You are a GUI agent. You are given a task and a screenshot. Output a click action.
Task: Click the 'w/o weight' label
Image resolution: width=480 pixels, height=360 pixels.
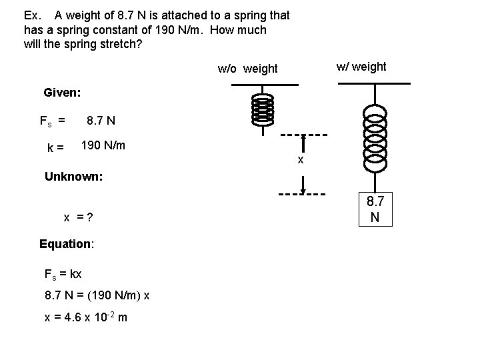(248, 69)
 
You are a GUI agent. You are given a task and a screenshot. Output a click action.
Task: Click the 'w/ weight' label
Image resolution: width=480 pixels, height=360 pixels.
(361, 67)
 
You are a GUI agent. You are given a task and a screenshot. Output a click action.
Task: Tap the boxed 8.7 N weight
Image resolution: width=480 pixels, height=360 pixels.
(375, 209)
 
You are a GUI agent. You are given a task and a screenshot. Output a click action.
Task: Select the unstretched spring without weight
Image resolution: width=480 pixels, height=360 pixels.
(263, 109)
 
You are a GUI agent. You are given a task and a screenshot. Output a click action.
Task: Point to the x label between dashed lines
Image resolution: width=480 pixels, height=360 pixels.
(301, 159)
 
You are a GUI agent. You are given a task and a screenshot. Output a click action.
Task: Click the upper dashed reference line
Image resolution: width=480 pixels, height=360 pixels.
(303, 134)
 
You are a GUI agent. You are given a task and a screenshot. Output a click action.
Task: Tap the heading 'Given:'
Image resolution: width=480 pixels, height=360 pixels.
(62, 93)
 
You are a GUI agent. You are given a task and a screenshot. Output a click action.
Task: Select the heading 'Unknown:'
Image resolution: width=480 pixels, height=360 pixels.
(73, 177)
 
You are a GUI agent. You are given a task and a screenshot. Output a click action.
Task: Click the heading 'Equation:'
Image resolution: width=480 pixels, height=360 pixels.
(67, 244)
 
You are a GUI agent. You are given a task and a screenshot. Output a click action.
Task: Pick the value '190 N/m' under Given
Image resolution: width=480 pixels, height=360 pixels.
(103, 145)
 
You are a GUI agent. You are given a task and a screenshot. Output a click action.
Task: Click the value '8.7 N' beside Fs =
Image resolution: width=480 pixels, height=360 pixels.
(101, 121)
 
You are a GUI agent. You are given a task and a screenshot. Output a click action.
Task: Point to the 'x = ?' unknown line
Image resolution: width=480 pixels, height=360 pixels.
(78, 217)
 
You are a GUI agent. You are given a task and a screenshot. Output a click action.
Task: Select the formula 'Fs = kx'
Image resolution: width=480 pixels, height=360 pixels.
(63, 274)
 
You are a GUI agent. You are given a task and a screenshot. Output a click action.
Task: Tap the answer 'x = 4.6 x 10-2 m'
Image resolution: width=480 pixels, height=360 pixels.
(85, 317)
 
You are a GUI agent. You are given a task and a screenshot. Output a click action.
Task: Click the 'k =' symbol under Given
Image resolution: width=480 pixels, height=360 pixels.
(55, 148)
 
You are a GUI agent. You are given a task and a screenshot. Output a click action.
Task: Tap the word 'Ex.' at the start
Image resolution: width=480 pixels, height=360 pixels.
(33, 15)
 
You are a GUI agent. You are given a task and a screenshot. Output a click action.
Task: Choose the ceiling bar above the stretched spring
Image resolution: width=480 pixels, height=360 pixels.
(374, 83)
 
